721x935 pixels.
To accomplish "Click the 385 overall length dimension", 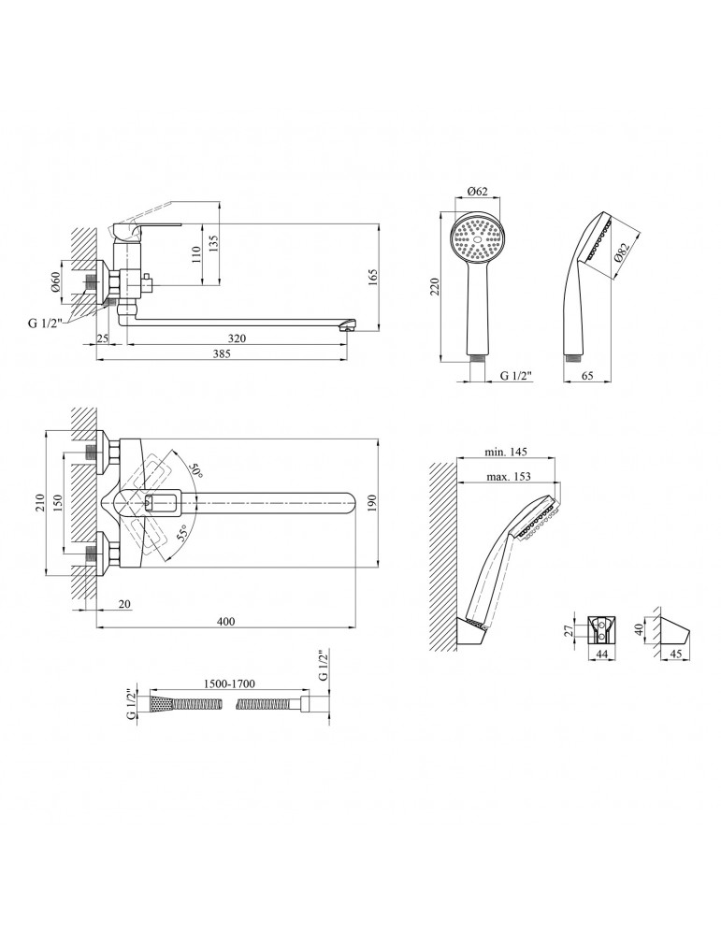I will coord(224,354).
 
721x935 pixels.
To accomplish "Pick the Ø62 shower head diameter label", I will coord(477,194).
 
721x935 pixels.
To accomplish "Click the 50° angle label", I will coord(195,468).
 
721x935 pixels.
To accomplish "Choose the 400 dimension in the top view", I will coord(225,622).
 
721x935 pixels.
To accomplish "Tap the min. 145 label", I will coord(507,452).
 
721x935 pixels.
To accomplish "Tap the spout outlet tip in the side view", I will coord(347,324).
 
